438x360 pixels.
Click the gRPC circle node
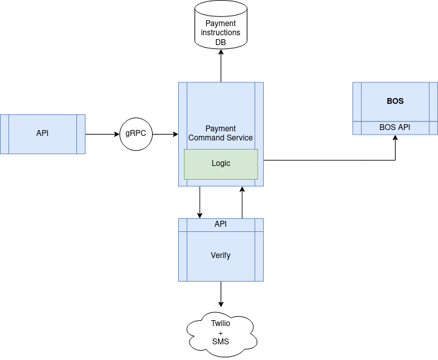point(136,134)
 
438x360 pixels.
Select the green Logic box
point(221,164)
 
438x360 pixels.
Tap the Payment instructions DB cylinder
point(221,25)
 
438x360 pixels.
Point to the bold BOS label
point(395,101)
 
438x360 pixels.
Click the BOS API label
point(395,127)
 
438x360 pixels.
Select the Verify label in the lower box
point(221,255)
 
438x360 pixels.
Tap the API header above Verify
point(221,224)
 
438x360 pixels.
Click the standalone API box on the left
point(42,134)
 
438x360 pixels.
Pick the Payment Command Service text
point(221,133)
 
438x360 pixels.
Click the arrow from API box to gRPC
point(102,134)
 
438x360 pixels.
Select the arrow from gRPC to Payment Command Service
point(166,134)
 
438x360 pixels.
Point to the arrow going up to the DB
point(221,66)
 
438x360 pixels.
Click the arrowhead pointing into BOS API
point(396,137)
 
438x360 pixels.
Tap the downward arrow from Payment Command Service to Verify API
point(200,202)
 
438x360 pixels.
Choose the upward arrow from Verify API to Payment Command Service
point(242,203)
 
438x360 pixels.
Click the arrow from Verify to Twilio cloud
point(221,294)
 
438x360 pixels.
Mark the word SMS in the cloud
point(221,342)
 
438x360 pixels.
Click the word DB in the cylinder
point(221,42)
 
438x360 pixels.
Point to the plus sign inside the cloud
point(221,333)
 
